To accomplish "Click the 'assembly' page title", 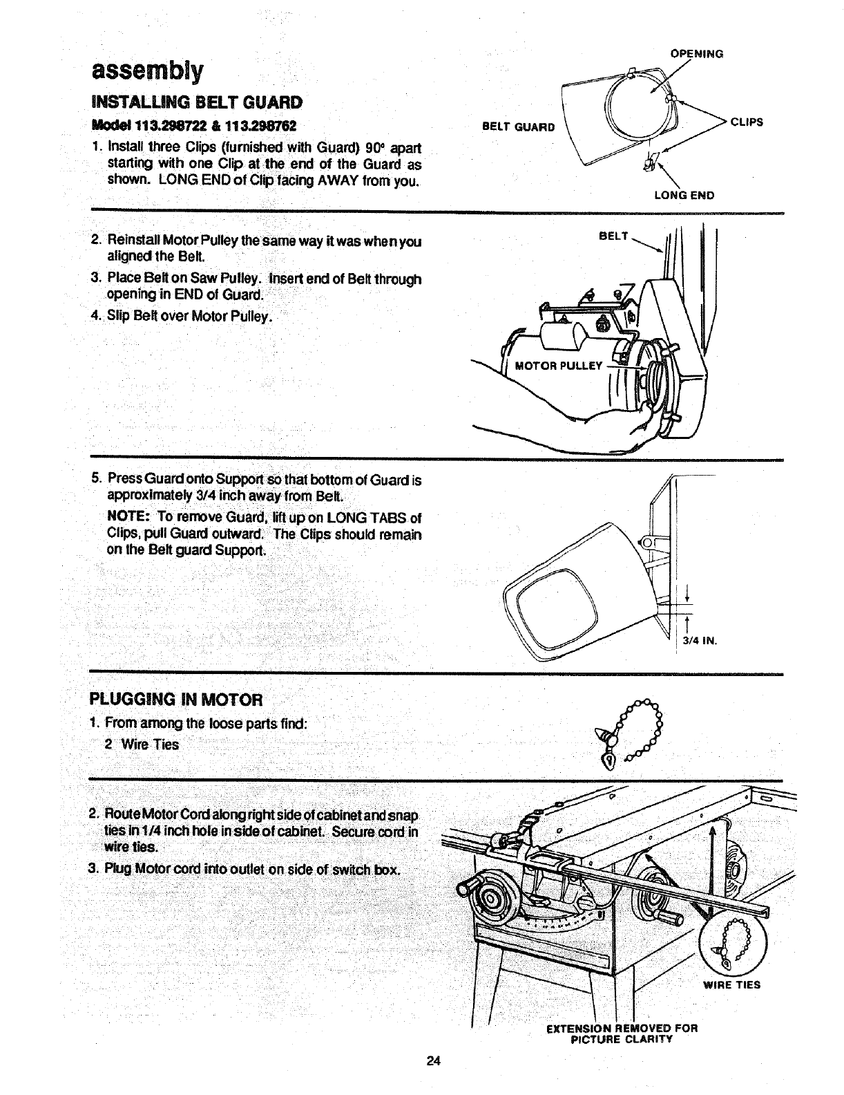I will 146,70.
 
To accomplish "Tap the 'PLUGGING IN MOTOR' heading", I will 176,699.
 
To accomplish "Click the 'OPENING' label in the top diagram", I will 697,53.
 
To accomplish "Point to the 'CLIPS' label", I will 747,122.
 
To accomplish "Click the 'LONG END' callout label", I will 684,196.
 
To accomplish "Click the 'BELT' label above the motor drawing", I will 613,236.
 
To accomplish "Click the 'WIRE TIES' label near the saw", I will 731,984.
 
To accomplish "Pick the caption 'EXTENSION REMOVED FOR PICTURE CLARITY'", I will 622,1033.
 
